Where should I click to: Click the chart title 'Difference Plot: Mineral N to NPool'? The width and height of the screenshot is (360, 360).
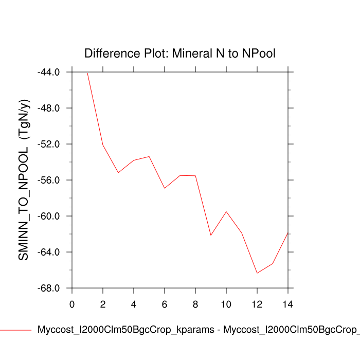pyautogui.click(x=180, y=53)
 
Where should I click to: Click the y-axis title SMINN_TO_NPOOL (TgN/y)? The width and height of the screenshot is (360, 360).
pyautogui.click(x=24, y=179)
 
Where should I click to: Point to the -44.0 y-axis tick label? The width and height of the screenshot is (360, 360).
pyautogui.click(x=49, y=73)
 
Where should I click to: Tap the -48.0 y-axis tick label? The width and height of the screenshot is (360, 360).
pyautogui.click(x=49, y=109)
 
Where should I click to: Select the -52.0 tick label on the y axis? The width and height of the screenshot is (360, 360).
pyautogui.click(x=49, y=145)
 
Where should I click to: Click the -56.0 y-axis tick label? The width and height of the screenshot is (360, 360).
pyautogui.click(x=49, y=181)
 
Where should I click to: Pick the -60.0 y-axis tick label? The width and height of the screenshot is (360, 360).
pyautogui.click(x=49, y=217)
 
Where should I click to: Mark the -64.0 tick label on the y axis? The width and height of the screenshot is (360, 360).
pyautogui.click(x=49, y=253)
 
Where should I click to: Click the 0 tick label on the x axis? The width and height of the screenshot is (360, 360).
pyautogui.click(x=72, y=304)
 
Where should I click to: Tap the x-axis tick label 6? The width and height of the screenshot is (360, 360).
pyautogui.click(x=165, y=304)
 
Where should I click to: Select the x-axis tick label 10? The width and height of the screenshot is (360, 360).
pyautogui.click(x=226, y=304)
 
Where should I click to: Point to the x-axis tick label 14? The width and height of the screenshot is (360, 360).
pyautogui.click(x=288, y=304)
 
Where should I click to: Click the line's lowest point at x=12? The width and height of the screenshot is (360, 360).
pyautogui.click(x=257, y=273)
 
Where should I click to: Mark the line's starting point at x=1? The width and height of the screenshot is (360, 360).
pyautogui.click(x=87, y=73)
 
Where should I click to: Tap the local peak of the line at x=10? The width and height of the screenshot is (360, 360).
pyautogui.click(x=226, y=211)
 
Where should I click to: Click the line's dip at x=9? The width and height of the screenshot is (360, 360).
pyautogui.click(x=211, y=235)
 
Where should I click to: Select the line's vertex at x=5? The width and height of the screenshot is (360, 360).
pyautogui.click(x=149, y=156)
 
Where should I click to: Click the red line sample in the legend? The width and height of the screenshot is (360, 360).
pyautogui.click(x=15, y=330)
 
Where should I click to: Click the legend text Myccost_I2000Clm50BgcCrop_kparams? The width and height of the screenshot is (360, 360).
pyautogui.click(x=126, y=330)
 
